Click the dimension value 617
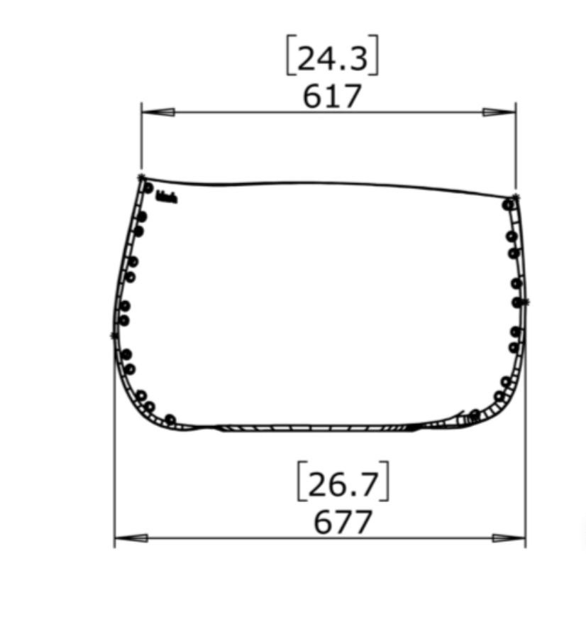click(332, 97)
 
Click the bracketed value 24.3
click(332, 58)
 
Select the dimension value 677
click(343, 523)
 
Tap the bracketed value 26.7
click(343, 484)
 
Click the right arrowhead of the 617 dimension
click(499, 112)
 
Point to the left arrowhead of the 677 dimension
click(131, 538)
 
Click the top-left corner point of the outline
click(141, 176)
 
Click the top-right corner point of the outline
click(516, 196)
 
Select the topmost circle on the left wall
click(148, 188)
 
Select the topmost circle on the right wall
click(508, 204)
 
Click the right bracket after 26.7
click(385, 484)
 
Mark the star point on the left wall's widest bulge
click(114, 334)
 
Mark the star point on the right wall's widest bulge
click(526, 302)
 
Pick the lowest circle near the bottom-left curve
click(170, 419)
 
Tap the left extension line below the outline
click(114, 483)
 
